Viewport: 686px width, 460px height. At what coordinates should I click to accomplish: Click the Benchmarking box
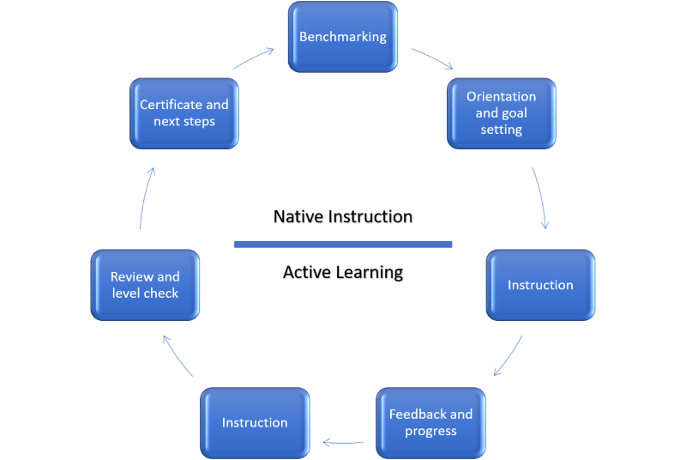pos(343,37)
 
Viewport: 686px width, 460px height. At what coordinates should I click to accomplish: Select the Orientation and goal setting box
pos(502,112)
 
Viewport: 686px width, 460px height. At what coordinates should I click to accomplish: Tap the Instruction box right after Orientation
pos(540,285)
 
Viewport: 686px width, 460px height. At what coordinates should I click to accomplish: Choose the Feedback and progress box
pos(430,422)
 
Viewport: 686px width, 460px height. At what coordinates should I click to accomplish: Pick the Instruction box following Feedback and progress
pos(255,422)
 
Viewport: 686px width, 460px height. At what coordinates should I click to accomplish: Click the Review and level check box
pos(145,285)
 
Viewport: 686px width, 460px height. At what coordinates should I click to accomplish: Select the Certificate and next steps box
pos(184,113)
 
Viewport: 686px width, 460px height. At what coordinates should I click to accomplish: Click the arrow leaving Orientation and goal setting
pos(540,198)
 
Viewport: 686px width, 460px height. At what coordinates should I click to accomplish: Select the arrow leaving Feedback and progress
pos(343,443)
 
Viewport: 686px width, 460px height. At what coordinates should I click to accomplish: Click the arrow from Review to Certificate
pos(146,198)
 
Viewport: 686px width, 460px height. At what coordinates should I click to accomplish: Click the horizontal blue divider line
pos(343,245)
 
